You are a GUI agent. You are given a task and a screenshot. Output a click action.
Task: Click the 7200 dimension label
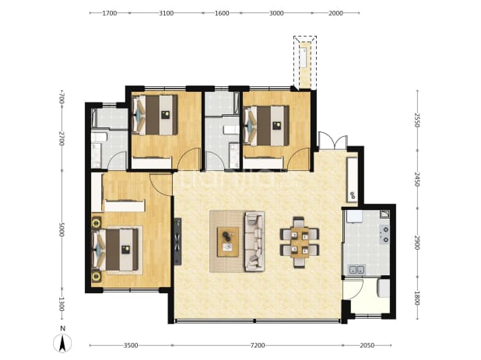258,345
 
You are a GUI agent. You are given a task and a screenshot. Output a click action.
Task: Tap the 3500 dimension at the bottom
131,345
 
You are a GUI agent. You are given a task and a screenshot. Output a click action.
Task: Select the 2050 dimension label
367,345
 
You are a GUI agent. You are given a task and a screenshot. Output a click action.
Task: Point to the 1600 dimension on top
222,13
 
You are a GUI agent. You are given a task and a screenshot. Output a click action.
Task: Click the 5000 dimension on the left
61,229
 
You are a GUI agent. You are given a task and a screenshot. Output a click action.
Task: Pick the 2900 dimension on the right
416,243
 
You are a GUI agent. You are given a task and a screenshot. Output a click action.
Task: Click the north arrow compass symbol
62,343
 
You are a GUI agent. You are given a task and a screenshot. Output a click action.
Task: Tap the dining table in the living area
300,242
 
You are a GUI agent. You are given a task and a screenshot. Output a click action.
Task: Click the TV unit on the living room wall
177,241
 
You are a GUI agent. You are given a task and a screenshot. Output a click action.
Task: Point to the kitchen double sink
356,270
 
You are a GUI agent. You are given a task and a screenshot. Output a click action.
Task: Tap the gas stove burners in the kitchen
384,234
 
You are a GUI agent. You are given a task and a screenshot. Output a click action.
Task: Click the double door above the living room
333,141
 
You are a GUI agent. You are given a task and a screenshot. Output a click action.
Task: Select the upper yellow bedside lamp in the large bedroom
97,222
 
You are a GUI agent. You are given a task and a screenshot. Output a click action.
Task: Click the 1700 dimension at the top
110,13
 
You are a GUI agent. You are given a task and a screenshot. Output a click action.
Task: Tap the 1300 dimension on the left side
61,304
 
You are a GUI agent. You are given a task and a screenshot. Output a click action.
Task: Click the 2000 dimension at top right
336,13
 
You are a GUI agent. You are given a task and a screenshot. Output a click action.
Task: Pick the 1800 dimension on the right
416,298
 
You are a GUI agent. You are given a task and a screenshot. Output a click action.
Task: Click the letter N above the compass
62,329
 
